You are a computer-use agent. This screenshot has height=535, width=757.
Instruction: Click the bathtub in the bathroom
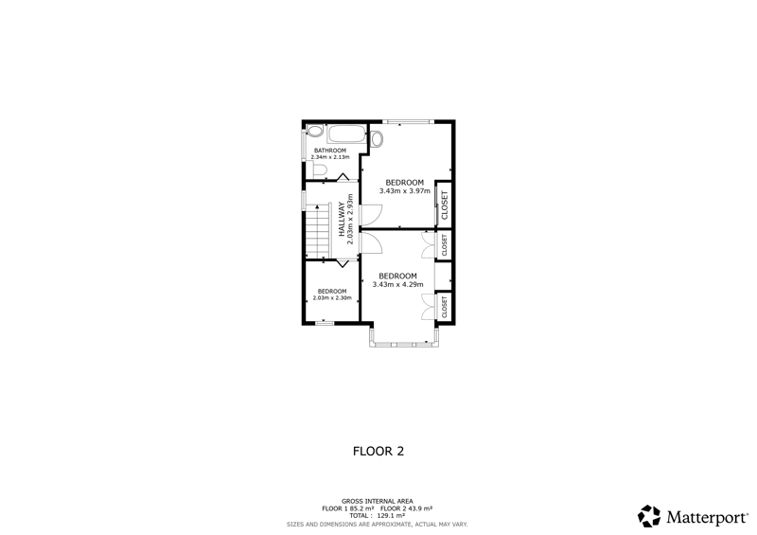pos(346,134)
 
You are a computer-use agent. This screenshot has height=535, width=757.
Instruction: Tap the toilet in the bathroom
pos(319,169)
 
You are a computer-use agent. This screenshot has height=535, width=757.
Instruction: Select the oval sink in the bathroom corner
pos(315,132)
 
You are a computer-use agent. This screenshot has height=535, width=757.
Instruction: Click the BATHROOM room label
pos(330,151)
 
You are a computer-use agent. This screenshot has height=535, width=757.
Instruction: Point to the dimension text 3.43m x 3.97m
pos(405,191)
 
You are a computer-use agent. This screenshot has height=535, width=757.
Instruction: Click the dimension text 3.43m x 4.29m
pos(397,285)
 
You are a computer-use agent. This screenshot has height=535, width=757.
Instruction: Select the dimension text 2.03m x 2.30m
pos(332,297)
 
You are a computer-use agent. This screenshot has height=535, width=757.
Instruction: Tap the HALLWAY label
pos(343,219)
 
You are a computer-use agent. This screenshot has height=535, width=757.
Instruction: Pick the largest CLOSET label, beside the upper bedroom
pos(445,205)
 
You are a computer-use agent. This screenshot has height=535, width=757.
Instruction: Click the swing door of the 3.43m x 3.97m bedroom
pos(371,215)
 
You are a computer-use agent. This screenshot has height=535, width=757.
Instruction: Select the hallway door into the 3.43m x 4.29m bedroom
pos(371,242)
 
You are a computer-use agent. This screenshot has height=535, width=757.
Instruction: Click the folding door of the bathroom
pos(343,177)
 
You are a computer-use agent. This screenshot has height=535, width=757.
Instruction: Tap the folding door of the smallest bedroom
pos(343,263)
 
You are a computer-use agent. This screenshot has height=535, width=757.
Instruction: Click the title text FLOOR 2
pos(378,452)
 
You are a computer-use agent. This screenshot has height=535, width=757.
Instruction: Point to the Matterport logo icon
pos(649,516)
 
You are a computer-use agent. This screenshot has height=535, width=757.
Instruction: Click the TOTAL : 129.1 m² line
pos(377,516)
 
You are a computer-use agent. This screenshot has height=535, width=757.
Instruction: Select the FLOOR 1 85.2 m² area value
pos(348,508)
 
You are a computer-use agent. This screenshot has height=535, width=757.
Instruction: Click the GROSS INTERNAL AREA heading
pos(377,501)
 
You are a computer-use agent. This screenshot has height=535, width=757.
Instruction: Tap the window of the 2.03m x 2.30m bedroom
pos(325,322)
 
